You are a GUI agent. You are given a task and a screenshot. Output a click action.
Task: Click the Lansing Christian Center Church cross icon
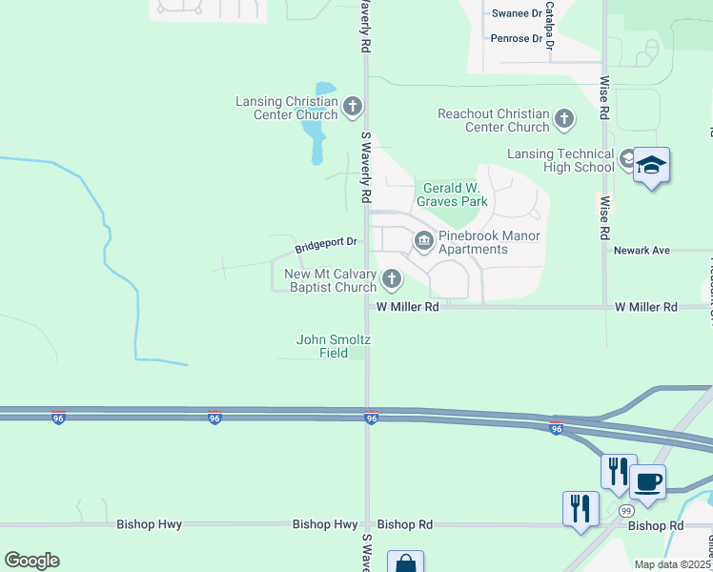[x=353, y=108]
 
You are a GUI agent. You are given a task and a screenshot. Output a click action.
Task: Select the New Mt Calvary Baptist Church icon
[x=391, y=280]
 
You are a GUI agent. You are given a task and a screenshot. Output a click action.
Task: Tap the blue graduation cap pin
[x=651, y=166]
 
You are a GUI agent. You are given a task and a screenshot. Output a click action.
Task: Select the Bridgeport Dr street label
[x=325, y=245]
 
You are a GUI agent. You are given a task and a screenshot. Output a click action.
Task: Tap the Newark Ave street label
[x=642, y=250]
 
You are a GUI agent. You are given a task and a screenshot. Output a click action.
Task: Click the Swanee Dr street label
[x=516, y=13]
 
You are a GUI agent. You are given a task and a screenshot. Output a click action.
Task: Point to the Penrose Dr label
[x=516, y=38]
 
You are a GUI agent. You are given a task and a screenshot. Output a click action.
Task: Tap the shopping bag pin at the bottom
[x=405, y=563]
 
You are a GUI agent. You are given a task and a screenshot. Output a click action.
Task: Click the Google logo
[x=31, y=561]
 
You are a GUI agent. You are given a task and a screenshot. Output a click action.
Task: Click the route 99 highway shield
[x=626, y=511]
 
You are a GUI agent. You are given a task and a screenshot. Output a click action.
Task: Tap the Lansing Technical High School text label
[x=560, y=160]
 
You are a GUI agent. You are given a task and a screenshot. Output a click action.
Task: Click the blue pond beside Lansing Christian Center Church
[x=314, y=133]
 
